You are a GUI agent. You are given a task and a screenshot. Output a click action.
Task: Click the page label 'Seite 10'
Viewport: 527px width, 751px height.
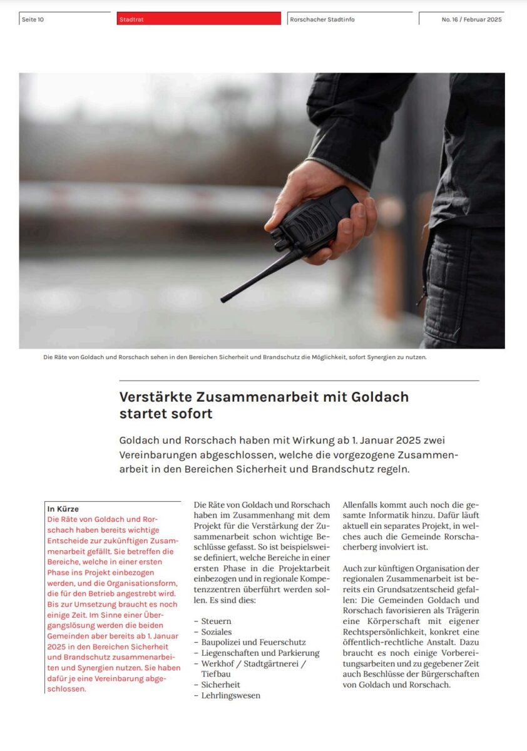tap(33, 19)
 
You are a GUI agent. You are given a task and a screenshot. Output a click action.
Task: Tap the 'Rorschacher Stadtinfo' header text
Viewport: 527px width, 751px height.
tap(322, 19)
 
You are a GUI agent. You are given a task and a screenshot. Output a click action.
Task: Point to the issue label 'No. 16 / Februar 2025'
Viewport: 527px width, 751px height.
tap(471, 19)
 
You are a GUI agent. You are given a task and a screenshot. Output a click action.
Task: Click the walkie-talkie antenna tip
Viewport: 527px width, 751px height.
tap(223, 300)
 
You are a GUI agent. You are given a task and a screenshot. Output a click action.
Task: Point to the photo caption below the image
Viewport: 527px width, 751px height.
tap(235, 357)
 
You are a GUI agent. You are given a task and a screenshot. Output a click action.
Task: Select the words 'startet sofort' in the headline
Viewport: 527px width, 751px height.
tap(166, 414)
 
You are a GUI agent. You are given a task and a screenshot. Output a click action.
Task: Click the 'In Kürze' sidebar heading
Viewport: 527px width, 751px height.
tap(63, 509)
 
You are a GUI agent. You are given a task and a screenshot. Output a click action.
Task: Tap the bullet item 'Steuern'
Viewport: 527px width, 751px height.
tap(216, 621)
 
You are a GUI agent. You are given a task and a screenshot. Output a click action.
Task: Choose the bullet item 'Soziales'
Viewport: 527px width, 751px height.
tap(217, 632)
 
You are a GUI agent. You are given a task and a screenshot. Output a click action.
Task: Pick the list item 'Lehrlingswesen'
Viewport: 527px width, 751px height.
tap(230, 695)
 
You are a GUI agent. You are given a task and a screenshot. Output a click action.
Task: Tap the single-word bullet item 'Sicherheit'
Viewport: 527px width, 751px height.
tap(220, 685)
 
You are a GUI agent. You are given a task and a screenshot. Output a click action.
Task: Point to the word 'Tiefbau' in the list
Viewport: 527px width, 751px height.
tap(217, 674)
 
